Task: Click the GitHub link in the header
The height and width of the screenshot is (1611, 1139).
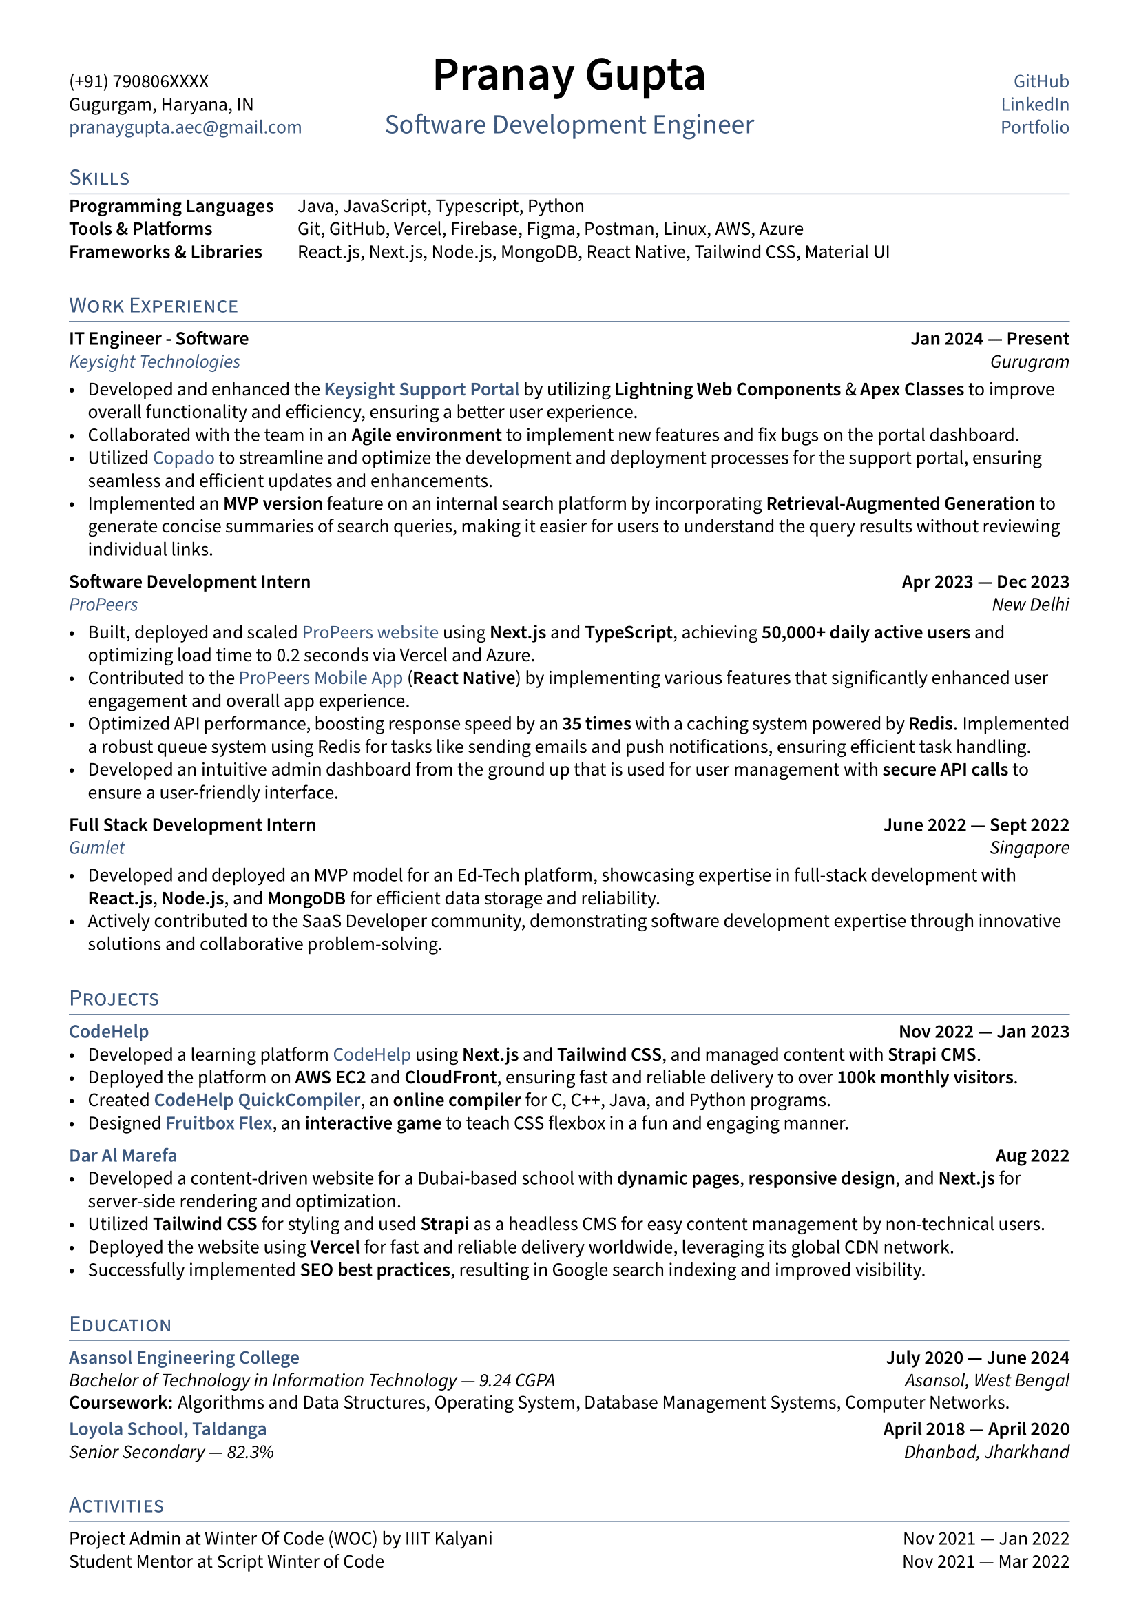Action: tap(1041, 81)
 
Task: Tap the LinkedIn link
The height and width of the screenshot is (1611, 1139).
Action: tap(1034, 105)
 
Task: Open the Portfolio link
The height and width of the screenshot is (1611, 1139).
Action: tap(1034, 127)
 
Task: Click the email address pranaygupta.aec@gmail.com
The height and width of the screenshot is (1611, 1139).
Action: tap(185, 127)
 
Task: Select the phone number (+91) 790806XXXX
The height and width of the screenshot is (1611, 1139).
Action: tap(139, 81)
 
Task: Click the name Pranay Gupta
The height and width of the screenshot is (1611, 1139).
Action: tap(569, 74)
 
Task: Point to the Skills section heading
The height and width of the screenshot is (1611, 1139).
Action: tap(99, 178)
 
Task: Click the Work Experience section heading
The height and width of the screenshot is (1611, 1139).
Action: tap(154, 305)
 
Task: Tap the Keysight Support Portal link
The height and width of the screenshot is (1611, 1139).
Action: tap(421, 389)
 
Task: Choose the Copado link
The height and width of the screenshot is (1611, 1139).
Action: tap(184, 458)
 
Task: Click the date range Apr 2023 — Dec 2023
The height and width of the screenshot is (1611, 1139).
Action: tap(985, 582)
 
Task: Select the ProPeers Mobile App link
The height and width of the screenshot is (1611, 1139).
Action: tap(320, 678)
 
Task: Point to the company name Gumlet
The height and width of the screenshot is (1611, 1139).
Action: tap(97, 848)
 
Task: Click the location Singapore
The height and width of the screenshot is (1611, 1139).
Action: tap(1029, 848)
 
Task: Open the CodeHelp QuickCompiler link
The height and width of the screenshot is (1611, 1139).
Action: tap(257, 1100)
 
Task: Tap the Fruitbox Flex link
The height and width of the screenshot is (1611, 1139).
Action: tap(219, 1123)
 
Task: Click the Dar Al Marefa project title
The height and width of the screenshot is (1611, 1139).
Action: tap(123, 1156)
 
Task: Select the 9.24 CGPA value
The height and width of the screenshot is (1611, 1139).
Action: tap(517, 1380)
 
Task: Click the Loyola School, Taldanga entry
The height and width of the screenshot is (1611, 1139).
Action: tap(167, 1428)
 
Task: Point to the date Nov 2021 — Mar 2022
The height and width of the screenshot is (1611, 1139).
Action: tap(985, 1561)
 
